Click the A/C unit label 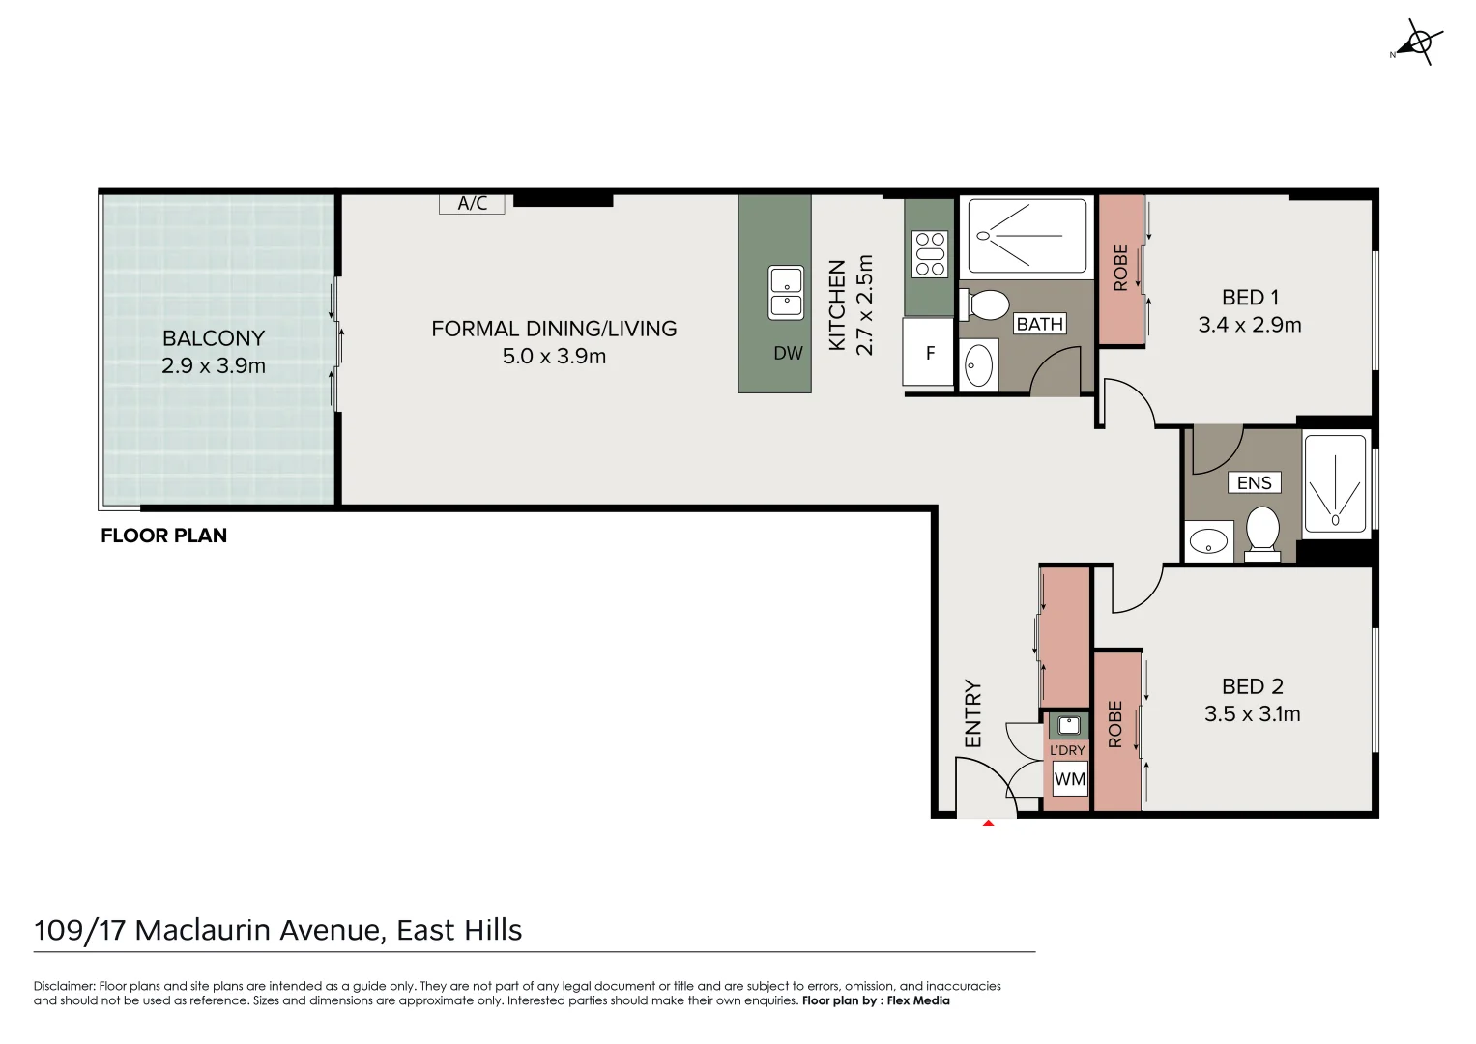click(x=473, y=203)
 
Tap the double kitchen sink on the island click(x=786, y=293)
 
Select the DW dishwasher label click(x=788, y=353)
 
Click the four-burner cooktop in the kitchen click(x=930, y=253)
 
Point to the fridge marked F click(x=929, y=352)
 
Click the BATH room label click(x=1040, y=324)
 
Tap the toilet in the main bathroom click(x=984, y=304)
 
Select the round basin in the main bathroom click(x=978, y=364)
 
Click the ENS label click(x=1254, y=483)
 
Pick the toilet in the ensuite click(x=1262, y=534)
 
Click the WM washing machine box click(x=1069, y=779)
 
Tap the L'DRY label click(x=1067, y=750)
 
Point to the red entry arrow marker click(x=988, y=824)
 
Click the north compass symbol click(x=1418, y=44)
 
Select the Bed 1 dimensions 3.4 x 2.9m click(x=1249, y=325)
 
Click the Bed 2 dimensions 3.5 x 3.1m click(x=1252, y=713)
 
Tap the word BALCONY click(x=214, y=338)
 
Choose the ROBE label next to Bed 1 click(x=1120, y=268)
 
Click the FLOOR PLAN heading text click(x=163, y=536)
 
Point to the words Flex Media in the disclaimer click(x=918, y=1000)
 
